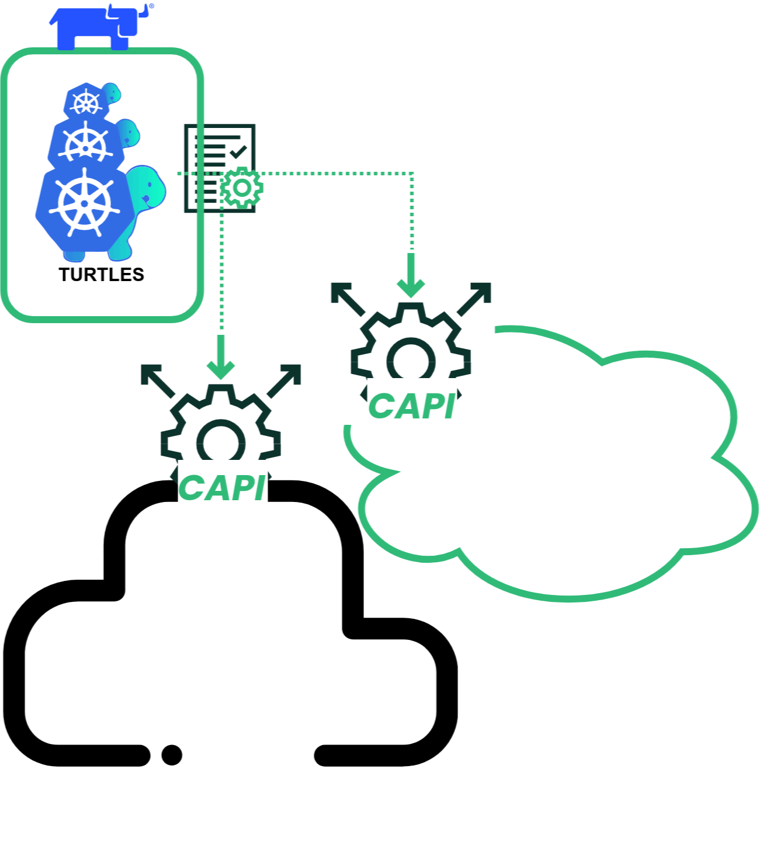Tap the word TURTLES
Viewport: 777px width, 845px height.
[101, 275]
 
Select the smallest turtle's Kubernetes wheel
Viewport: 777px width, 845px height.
[86, 103]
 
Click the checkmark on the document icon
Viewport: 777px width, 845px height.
[238, 153]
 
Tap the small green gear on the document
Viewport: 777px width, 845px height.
[241, 188]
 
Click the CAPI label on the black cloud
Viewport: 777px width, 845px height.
[222, 488]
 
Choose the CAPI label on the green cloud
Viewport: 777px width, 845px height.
[411, 406]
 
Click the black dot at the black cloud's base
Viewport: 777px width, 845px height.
[172, 754]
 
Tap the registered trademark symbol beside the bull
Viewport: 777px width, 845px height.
[152, 6]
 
